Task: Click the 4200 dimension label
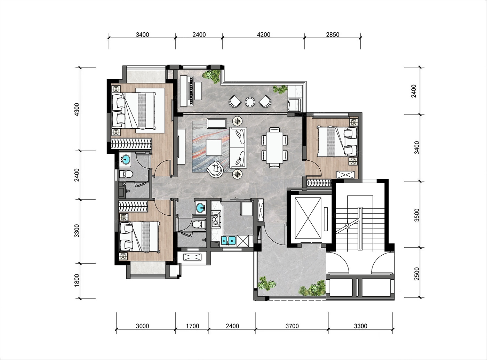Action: (263, 35)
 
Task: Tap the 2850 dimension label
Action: (333, 35)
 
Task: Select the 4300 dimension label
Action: (77, 109)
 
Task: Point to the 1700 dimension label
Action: (193, 326)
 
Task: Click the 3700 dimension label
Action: (292, 326)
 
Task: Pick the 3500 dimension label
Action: (416, 215)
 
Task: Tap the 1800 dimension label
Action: (77, 280)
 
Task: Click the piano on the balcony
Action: (187, 91)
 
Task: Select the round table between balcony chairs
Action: (250, 102)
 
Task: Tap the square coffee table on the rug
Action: (214, 147)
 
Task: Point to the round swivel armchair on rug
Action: (215, 169)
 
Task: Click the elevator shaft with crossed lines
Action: (308, 218)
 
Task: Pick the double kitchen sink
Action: (229, 240)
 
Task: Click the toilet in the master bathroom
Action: (126, 174)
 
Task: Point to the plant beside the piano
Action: (211, 77)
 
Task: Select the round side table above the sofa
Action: (237, 121)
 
